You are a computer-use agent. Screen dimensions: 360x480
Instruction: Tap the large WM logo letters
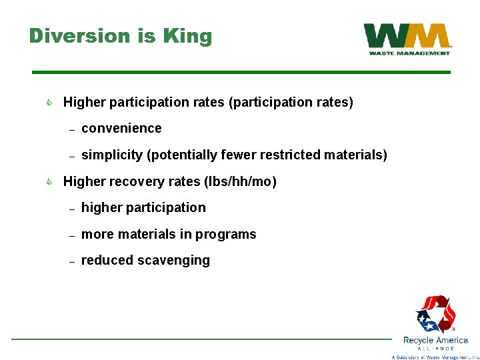coord(407,36)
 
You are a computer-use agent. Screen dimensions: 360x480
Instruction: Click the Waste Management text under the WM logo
coord(409,53)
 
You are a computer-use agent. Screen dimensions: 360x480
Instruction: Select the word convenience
coord(121,128)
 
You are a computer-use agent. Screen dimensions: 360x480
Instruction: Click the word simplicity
coord(111,155)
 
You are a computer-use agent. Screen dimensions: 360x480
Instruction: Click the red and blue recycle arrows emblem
coord(435,314)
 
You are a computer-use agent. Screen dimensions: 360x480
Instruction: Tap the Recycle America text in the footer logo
coord(435,340)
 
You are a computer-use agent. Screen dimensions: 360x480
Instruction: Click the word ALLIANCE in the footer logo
coord(435,349)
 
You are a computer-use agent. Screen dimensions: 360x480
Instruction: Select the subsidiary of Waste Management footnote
coord(435,357)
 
